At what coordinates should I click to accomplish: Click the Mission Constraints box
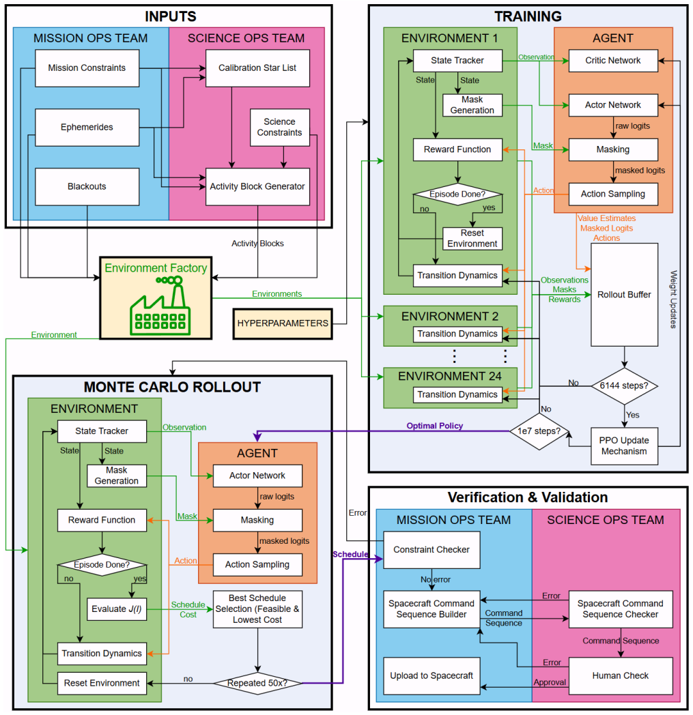[x=87, y=68]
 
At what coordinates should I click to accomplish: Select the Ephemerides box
[x=87, y=127]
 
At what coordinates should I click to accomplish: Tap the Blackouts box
[x=87, y=186]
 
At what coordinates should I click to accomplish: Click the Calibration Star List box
[x=257, y=68]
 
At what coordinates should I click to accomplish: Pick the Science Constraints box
[x=280, y=127]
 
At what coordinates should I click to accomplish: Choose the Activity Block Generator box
[x=257, y=186]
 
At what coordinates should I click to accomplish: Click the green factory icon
[x=160, y=306]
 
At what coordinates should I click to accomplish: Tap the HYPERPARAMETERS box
[x=283, y=323]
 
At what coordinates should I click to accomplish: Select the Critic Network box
[x=612, y=61]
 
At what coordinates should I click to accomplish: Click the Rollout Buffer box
[x=624, y=295]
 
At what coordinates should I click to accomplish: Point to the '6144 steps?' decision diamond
[x=624, y=385]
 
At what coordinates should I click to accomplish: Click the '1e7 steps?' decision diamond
[x=539, y=431]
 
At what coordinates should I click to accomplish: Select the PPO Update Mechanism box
[x=624, y=446]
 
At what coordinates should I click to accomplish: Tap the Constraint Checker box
[x=432, y=550]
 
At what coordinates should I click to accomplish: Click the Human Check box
[x=621, y=676]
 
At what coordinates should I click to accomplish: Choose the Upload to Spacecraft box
[x=432, y=676]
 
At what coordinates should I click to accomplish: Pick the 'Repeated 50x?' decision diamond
[x=257, y=683]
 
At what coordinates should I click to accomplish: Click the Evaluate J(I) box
[x=117, y=609]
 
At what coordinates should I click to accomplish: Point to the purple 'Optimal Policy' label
[x=435, y=426]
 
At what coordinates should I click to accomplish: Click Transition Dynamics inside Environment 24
[x=457, y=394]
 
